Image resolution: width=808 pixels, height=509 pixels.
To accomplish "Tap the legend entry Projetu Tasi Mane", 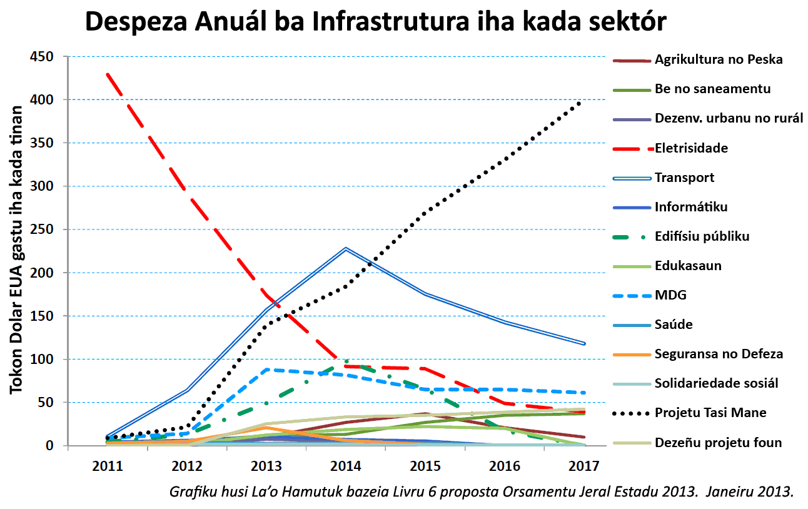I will pos(710,413).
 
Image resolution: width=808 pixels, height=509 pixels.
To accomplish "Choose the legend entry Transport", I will pos(684,178).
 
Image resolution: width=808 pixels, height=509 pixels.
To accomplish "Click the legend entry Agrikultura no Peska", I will pos(719,60).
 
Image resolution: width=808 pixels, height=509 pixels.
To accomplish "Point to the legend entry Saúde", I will pos(674,325).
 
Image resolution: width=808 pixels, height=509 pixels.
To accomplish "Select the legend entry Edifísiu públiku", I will pos(702,236).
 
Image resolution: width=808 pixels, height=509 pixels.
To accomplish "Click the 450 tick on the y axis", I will pos(43,57).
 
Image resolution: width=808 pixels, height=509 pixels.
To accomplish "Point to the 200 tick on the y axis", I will pos(43,273).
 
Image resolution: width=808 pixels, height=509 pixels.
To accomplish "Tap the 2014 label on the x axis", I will pos(346,466).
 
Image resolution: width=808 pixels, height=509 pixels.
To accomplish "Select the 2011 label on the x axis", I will pos(108,466).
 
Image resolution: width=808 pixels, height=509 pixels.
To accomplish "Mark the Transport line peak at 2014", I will pos(346,248).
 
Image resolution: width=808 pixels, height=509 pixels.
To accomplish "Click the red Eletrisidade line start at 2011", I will pos(108,74).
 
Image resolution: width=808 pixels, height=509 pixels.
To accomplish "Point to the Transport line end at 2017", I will pos(583,343).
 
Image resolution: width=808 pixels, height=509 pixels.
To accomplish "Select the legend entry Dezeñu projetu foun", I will pos(718,443).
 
